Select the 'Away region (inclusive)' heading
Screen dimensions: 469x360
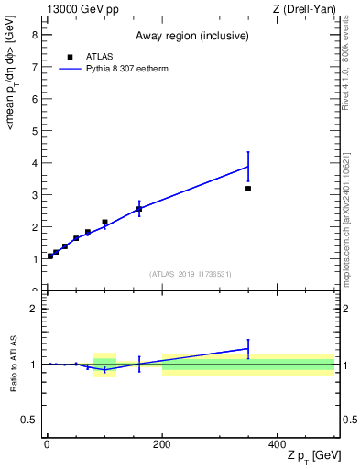(x=191, y=37)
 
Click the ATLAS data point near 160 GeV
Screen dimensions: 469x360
(x=139, y=209)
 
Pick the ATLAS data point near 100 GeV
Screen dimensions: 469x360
(x=104, y=222)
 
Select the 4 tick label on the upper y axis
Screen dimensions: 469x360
(x=34, y=163)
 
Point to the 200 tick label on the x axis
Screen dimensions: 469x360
(x=162, y=444)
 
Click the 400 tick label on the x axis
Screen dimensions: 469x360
(x=277, y=444)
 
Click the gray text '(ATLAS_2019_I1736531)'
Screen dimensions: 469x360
(x=191, y=274)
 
